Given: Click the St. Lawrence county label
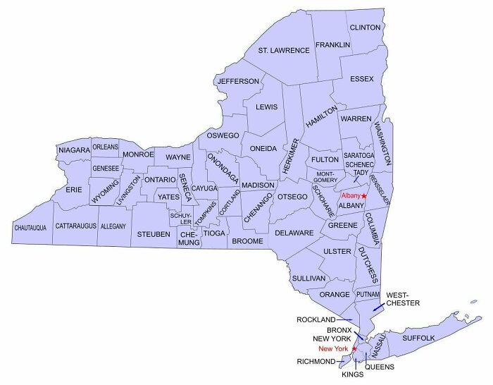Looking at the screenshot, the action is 284,51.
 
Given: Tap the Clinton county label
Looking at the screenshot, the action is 365,28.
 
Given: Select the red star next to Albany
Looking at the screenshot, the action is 364,195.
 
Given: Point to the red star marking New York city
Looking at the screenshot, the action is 354,348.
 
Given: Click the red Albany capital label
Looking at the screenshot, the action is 350,195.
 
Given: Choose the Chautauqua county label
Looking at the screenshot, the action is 30,228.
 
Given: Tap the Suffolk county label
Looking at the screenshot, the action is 419,338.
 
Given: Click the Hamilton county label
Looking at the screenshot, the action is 318,113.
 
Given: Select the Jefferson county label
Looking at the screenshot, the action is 238,81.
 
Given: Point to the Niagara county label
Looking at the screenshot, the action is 74,150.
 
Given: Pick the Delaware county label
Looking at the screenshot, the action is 294,233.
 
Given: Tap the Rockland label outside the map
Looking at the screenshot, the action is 316,319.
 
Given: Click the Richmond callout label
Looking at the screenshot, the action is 316,362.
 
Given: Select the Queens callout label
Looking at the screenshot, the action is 379,367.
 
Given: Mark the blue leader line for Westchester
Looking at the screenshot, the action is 378,307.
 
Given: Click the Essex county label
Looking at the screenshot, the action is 361,78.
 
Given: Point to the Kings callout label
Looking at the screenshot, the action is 352,374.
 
